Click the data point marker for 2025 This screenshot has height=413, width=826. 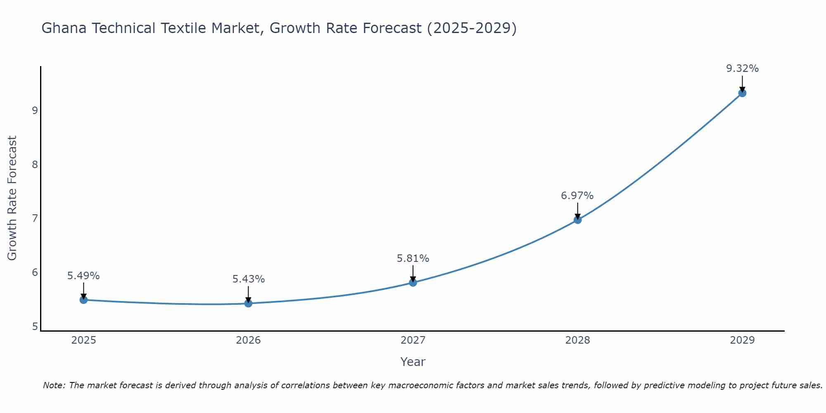(83, 300)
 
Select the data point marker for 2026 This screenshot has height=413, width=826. (248, 304)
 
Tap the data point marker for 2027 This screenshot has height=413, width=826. (413, 282)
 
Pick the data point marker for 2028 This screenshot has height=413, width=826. (577, 220)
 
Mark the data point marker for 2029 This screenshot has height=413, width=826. (742, 93)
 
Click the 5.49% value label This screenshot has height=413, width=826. (83, 276)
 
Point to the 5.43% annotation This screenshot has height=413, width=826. (248, 279)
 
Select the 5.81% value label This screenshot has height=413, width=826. (413, 259)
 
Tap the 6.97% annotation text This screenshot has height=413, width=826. (577, 196)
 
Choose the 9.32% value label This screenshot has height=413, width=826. (742, 69)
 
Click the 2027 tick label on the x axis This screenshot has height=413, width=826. (413, 340)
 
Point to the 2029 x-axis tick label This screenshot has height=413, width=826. (742, 340)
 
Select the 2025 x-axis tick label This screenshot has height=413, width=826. (83, 340)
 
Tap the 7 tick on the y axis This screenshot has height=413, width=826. (35, 218)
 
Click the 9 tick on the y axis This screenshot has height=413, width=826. (35, 110)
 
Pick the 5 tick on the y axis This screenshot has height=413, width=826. (35, 327)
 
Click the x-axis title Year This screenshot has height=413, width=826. (413, 362)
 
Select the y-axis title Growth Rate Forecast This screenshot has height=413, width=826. (12, 198)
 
